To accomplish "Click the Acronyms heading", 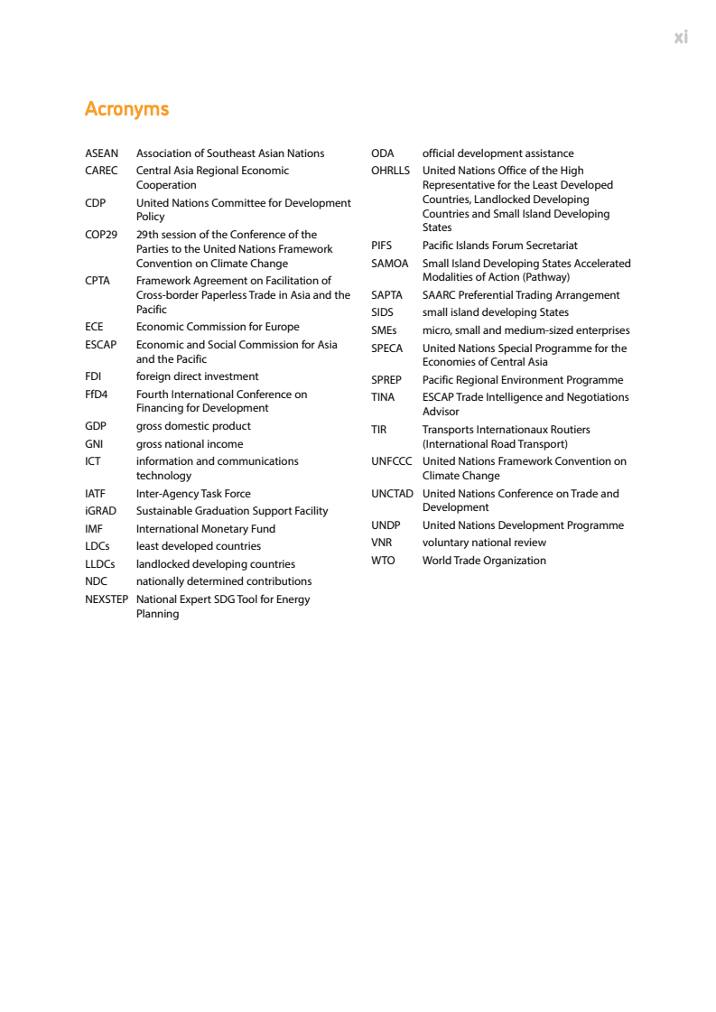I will tap(126, 109).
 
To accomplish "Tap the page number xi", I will tap(681, 37).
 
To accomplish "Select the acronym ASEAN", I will tap(101, 153).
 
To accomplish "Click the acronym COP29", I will tap(101, 235).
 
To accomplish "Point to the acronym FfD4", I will tap(97, 395).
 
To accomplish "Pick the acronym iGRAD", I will tap(100, 511).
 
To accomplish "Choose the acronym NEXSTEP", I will tap(107, 599).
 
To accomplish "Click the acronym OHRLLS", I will tap(390, 171).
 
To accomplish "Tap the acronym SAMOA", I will tap(390, 264).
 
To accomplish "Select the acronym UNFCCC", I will tap(392, 461).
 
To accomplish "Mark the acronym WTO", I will tap(383, 561).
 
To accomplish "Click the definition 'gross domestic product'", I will tap(193, 426).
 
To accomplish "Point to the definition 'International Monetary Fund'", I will tap(206, 529).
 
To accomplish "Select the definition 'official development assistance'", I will tap(497, 153).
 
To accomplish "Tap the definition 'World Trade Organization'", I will tap(484, 561).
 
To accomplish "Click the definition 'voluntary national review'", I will tap(484, 543).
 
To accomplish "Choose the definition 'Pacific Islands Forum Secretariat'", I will tap(500, 246).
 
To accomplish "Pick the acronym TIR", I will tap(379, 430).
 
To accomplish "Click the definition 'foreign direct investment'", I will tap(197, 376).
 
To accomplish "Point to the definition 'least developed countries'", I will tap(199, 546).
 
